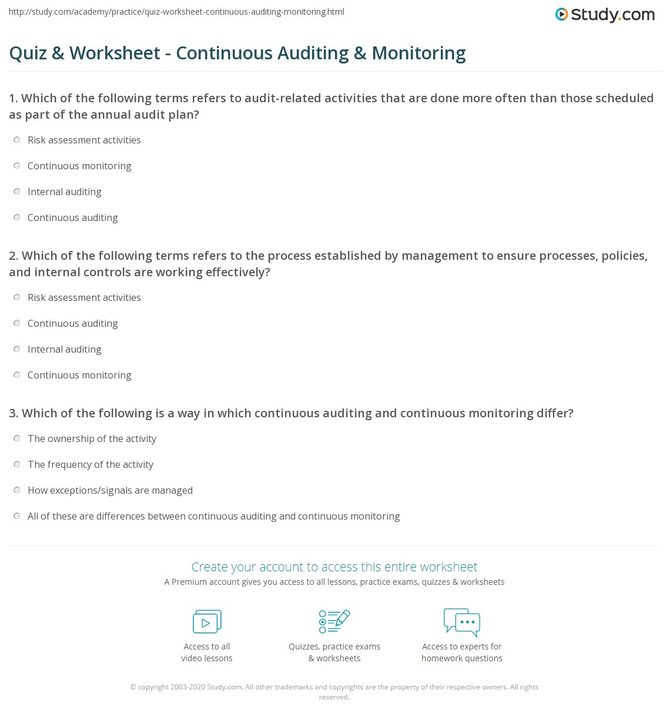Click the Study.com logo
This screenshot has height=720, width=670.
[605, 15]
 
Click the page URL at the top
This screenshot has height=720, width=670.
[176, 12]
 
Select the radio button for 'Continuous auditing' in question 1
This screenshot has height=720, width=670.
[17, 217]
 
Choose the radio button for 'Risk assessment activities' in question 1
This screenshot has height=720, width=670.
[17, 140]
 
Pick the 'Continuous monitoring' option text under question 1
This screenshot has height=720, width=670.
[79, 166]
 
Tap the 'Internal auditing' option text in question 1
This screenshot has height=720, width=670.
[65, 192]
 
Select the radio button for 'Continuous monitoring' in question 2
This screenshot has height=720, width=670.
[17, 375]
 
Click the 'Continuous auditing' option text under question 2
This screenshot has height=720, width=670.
[73, 323]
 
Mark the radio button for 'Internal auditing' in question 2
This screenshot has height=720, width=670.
[17, 349]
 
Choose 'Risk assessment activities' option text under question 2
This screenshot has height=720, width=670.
[84, 297]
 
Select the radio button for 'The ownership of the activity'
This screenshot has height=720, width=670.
[17, 438]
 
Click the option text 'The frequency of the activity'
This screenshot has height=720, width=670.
[91, 464]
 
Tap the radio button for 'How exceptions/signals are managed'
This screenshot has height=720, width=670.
[17, 490]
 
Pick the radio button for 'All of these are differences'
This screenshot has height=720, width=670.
[17, 516]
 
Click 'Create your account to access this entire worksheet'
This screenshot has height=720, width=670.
[334, 567]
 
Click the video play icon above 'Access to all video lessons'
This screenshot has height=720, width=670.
[207, 622]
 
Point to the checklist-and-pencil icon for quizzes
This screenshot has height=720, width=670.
[334, 621]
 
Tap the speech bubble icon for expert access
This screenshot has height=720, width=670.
[462, 622]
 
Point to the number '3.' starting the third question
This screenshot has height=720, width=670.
[14, 413]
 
